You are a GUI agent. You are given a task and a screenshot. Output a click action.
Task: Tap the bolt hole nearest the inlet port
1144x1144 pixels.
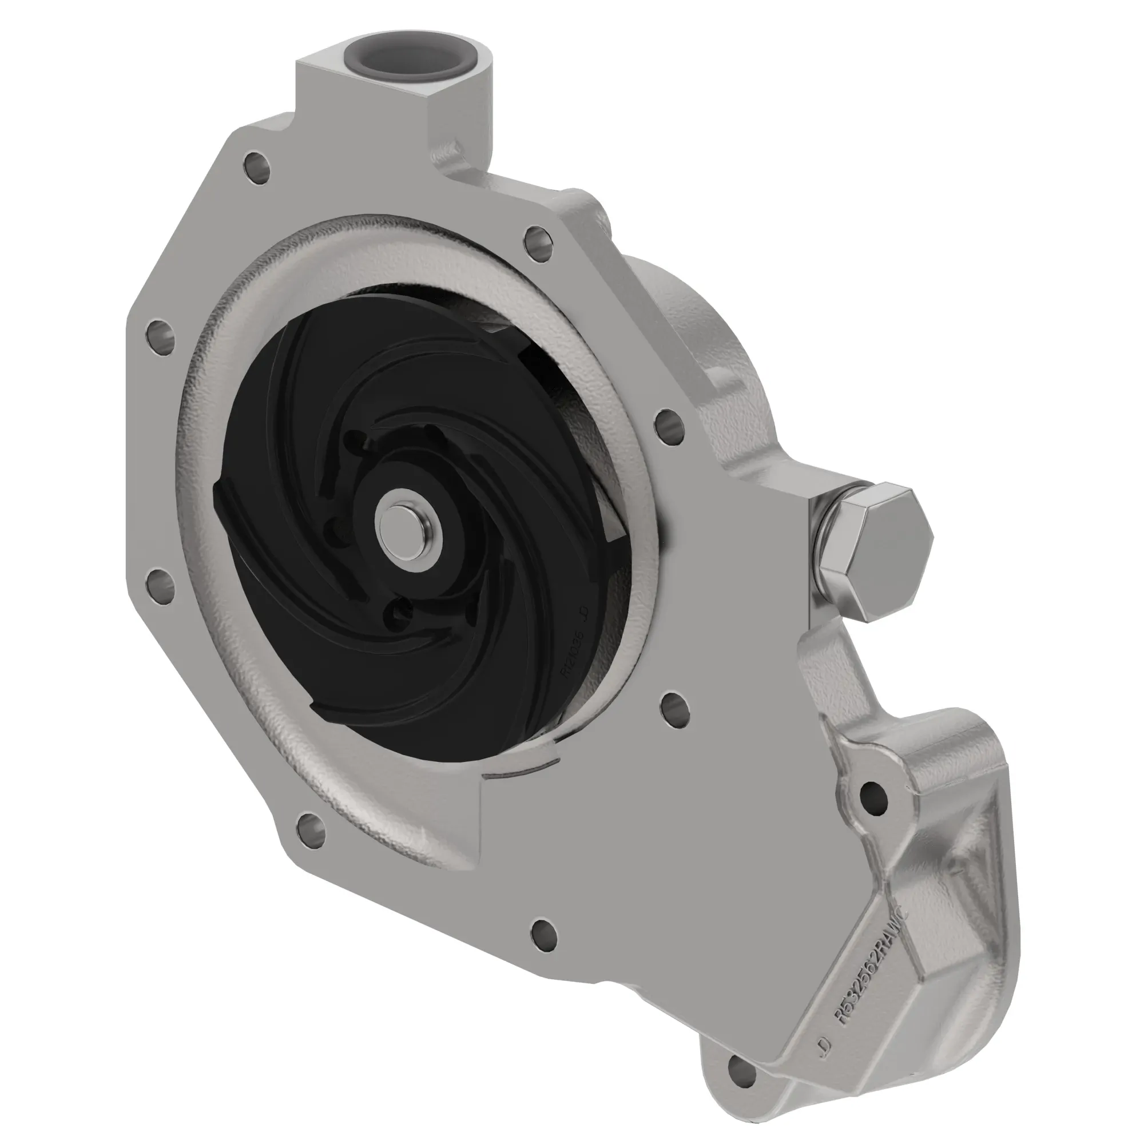(256, 164)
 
